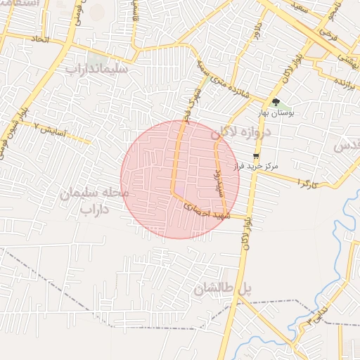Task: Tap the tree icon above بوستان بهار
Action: click(285, 102)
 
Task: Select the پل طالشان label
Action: click(222, 288)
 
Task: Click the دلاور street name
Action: click(257, 31)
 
